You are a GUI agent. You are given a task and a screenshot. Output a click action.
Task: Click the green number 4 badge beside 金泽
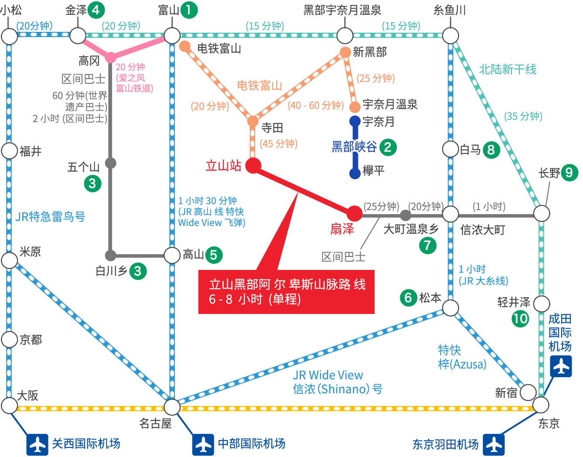96,10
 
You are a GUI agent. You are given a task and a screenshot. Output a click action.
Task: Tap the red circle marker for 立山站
253,165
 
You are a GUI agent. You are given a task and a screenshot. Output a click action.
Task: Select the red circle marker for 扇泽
354,214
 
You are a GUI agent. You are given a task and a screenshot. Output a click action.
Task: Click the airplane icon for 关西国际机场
37,444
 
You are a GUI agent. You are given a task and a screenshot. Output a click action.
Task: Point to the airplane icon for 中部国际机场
203,444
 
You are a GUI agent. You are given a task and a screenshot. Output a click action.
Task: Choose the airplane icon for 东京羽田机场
494,445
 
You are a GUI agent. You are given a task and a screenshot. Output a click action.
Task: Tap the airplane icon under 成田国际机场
561,366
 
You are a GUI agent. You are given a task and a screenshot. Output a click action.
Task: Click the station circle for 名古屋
172,407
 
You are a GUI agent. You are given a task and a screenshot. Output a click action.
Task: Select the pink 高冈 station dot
110,57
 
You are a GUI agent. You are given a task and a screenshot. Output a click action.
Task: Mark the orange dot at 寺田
253,121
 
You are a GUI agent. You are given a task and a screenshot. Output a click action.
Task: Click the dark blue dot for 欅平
355,174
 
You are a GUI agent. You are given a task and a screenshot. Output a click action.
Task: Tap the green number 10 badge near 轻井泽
520,319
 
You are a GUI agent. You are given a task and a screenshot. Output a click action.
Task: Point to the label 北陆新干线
508,69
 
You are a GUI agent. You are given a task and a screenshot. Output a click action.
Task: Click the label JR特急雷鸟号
50,217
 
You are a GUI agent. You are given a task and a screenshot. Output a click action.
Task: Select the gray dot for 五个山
110,163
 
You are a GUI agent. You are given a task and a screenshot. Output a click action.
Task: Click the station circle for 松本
450,308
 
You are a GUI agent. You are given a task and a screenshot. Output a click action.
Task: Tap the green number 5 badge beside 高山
214,255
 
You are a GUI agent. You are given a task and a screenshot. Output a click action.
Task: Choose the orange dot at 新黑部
345,52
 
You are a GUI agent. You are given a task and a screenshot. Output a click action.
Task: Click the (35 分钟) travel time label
523,116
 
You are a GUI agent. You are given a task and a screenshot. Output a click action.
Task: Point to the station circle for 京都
10,339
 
